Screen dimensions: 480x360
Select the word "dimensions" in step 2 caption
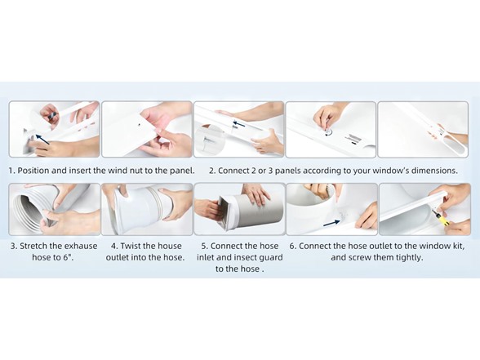tap(432, 171)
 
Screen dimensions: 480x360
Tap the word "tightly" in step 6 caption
tap(409, 257)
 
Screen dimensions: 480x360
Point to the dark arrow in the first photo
tap(42, 139)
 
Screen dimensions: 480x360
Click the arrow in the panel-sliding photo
tap(239, 124)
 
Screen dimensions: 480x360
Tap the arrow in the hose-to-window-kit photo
tap(331, 223)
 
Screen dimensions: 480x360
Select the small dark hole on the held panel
tap(140, 125)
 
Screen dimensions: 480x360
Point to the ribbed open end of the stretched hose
tap(26, 209)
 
